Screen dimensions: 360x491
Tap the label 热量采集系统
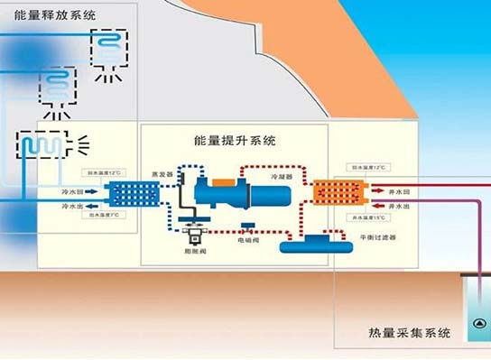coord(409,334)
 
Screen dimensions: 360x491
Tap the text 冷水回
coord(73,191)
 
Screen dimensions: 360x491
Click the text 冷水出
coord(73,206)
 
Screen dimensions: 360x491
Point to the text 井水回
coord(398,192)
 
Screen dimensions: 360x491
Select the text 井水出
coord(398,206)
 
